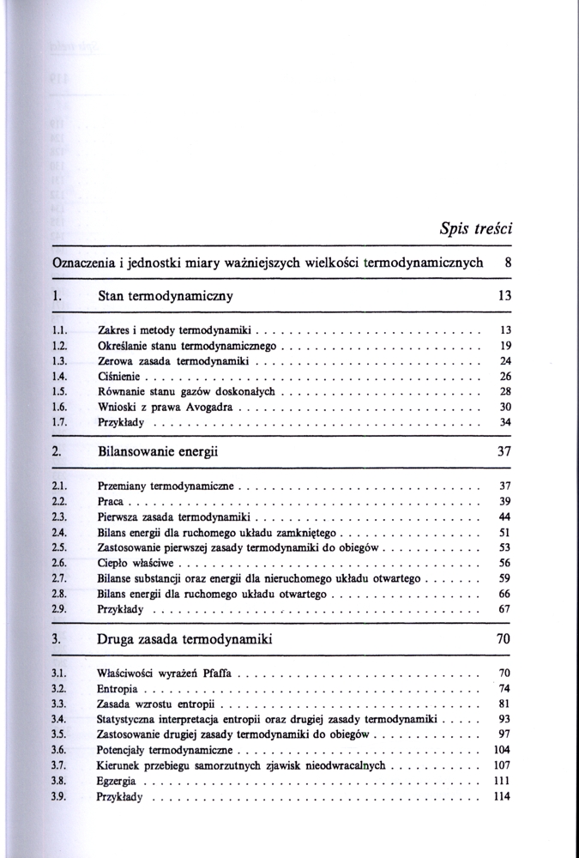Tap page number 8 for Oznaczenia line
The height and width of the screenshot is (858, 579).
click(x=509, y=263)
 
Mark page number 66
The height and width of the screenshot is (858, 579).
click(x=504, y=594)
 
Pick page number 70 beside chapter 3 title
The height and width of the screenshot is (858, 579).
click(x=504, y=639)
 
